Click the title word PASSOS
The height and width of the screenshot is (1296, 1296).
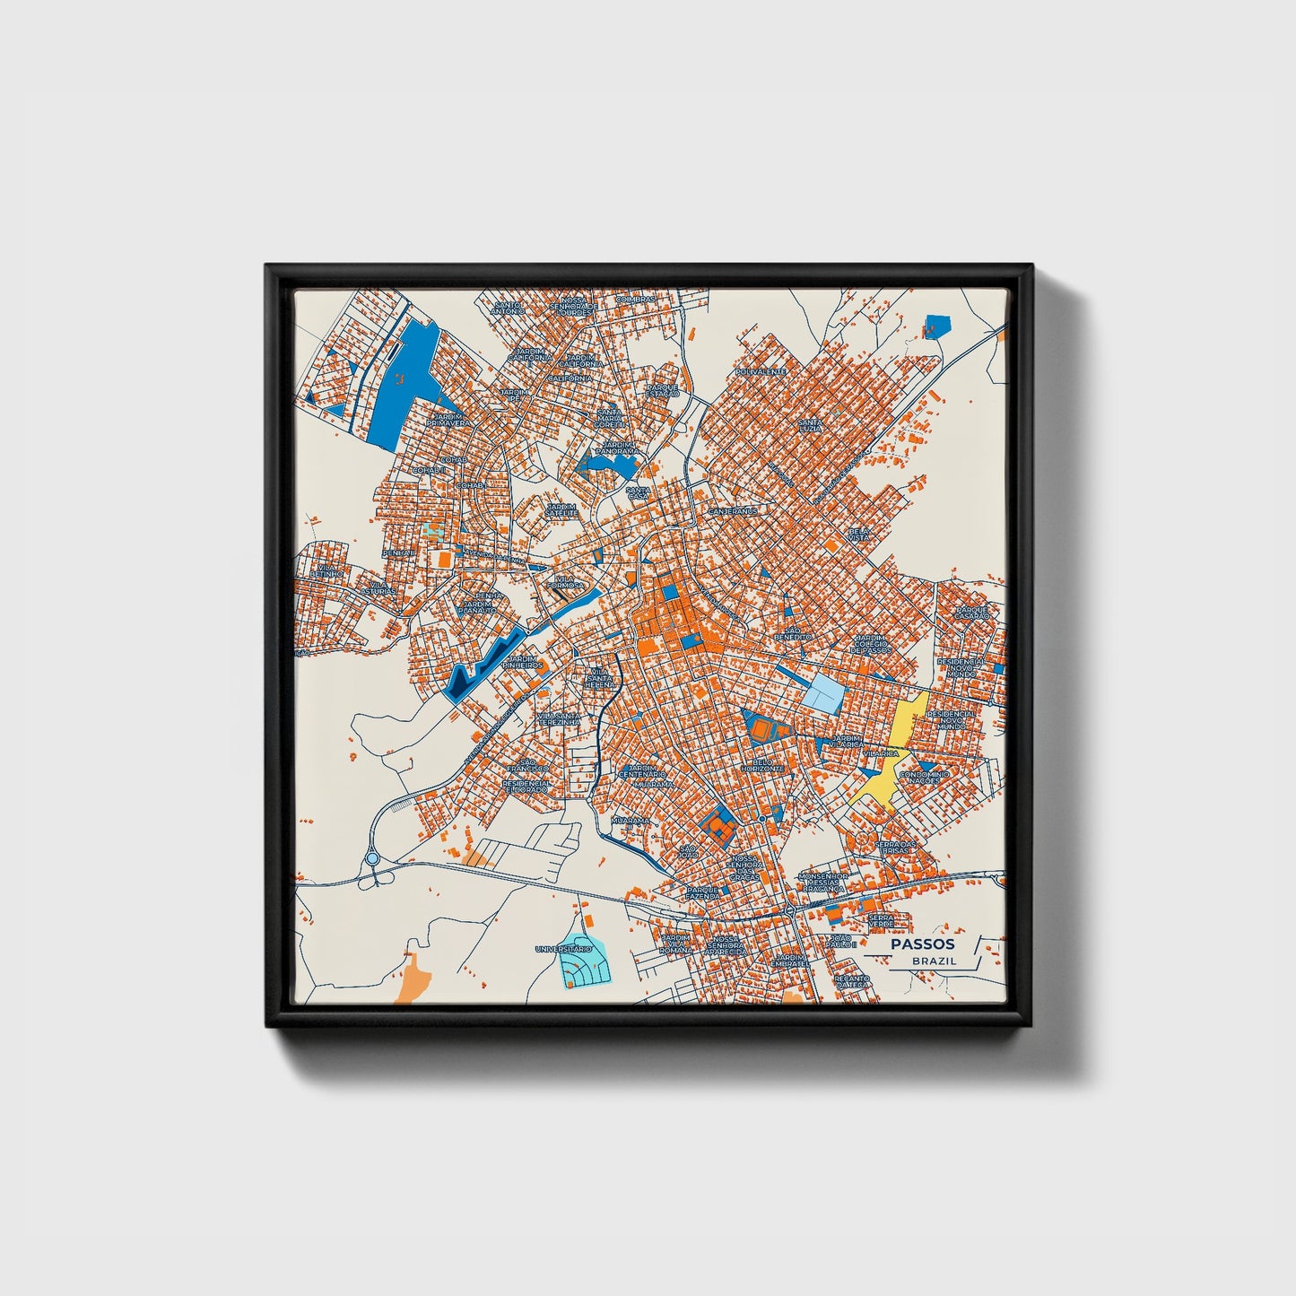[922, 944]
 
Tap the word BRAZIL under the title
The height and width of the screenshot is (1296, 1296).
[934, 961]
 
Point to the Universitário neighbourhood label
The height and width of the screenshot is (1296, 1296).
[563, 948]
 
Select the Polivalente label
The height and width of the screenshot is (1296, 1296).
[760, 370]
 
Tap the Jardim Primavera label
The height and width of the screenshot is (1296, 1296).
[448, 420]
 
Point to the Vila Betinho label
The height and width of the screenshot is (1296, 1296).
[326, 570]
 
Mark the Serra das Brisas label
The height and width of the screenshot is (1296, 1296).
[896, 847]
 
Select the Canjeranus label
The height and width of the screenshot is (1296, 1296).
[733, 511]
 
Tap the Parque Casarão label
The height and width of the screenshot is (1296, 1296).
[971, 613]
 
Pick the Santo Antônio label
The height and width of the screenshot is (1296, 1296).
[509, 308]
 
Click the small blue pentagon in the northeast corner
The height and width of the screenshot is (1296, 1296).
[936, 326]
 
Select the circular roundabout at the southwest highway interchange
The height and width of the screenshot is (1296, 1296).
[372, 858]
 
